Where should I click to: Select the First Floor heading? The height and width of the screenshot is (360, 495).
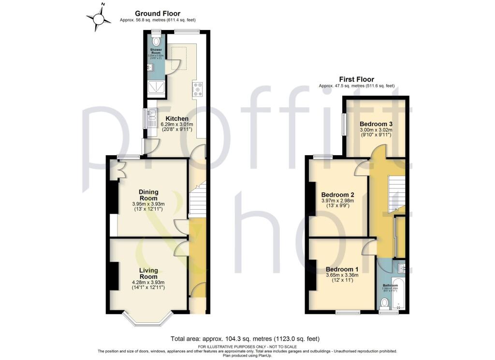click(356, 80)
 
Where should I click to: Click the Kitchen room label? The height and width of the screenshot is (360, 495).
click(177, 118)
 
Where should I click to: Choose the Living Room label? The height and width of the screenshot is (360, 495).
click(148, 274)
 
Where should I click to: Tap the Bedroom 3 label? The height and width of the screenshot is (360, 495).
click(375, 124)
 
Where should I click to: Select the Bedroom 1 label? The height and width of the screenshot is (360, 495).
click(342, 269)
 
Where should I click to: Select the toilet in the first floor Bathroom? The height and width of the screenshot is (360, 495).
click(385, 303)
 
